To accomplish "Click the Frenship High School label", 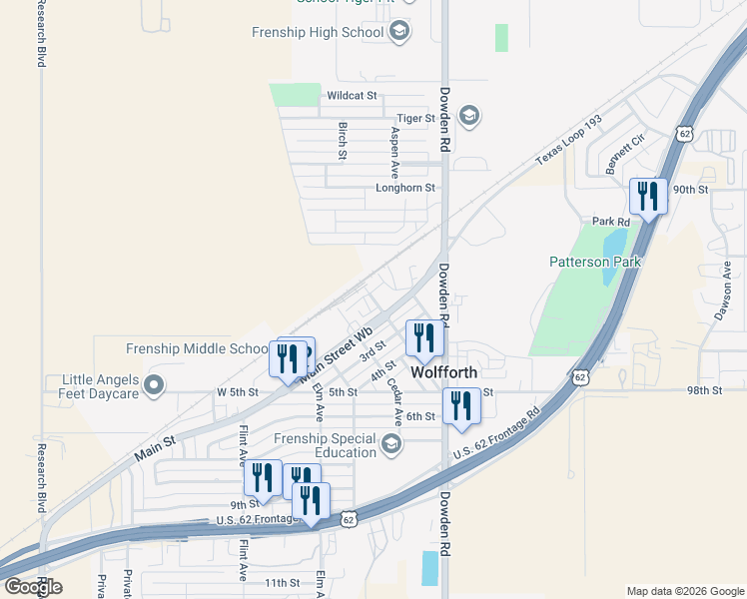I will point(318,32).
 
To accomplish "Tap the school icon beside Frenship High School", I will point(399,32).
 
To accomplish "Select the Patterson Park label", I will point(595,263).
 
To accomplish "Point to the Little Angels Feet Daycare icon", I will point(154,384).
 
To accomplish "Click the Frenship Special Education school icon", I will point(391,443).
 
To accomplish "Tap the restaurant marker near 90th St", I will point(648,197).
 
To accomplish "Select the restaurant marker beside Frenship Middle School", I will point(289,359).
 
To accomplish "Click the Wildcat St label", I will point(352,96).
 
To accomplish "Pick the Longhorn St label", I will point(405,187).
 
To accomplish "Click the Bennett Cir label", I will point(625,155).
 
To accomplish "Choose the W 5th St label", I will point(238,391).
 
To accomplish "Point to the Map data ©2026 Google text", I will point(684,591).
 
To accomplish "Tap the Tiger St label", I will point(416,118).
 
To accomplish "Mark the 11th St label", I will point(282,582).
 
